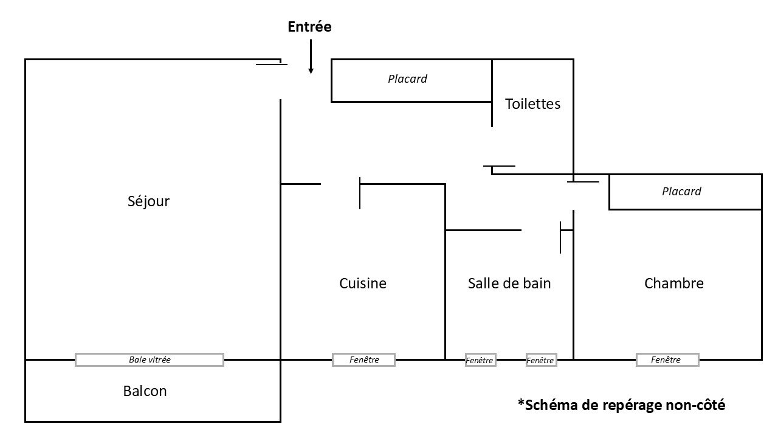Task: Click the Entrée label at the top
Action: (x=309, y=27)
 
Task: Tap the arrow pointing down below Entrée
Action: (x=311, y=57)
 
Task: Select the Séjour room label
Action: (x=148, y=201)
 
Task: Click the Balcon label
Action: (x=145, y=391)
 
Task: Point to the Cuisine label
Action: (x=363, y=283)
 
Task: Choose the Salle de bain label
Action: (x=509, y=283)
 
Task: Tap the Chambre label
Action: (x=674, y=283)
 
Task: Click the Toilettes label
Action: (x=532, y=104)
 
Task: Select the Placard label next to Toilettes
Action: (x=407, y=79)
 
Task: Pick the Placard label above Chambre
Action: (x=681, y=191)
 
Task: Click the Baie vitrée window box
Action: (x=150, y=360)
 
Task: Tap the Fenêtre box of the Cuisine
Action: (x=363, y=360)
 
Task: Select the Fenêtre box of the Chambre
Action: (x=667, y=360)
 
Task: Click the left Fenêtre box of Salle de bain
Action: (x=481, y=360)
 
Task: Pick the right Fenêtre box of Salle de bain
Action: (x=542, y=360)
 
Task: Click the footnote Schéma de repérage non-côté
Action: (x=621, y=405)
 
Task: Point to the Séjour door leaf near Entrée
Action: (x=272, y=64)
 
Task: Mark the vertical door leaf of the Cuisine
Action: (x=360, y=193)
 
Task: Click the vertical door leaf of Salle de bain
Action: (x=560, y=237)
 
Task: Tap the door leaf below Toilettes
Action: (x=499, y=166)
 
